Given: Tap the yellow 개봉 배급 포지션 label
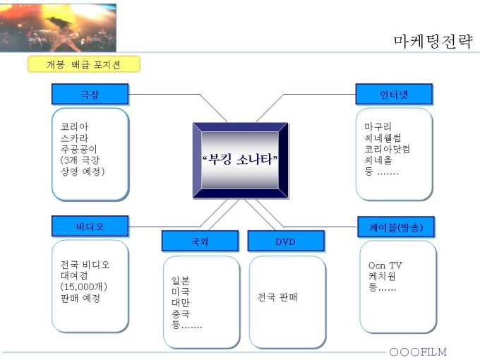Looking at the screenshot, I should click(84, 65).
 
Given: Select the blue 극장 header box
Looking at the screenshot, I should click(90, 94).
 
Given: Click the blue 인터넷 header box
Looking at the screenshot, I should click(393, 94).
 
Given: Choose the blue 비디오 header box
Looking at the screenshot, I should click(90, 227).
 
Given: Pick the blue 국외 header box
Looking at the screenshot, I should click(200, 241).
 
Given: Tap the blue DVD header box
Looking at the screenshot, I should click(285, 241).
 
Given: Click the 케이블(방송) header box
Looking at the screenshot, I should click(397, 227).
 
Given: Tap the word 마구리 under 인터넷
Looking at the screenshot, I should click(378, 127).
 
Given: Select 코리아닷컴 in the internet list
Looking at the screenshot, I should click(388, 150).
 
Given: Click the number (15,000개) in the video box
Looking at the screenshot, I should click(84, 287).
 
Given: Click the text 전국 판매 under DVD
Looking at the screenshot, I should click(277, 297).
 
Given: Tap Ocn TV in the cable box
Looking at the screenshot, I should click(385, 265).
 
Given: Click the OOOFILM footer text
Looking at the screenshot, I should click(418, 352).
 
